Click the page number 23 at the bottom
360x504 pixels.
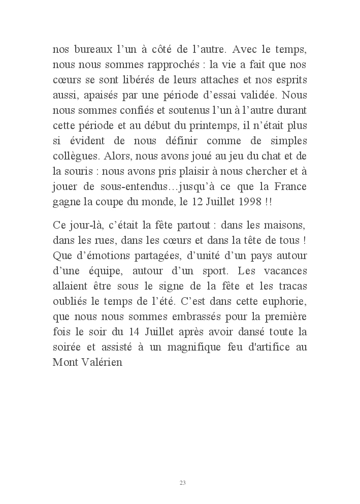click(183, 482)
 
